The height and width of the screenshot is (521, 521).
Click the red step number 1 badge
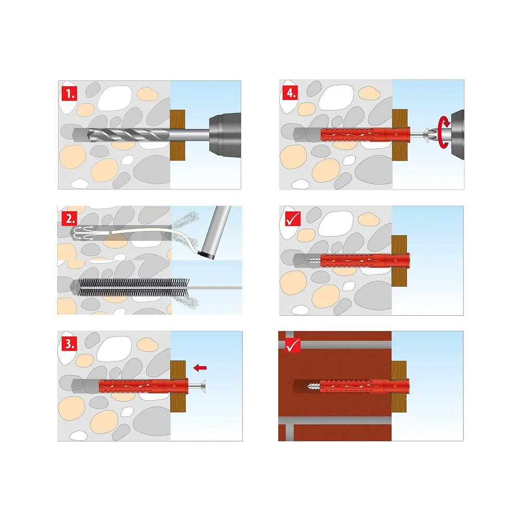(69, 94)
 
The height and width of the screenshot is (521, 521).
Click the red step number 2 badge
(69, 219)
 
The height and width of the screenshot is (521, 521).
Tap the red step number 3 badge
(69, 343)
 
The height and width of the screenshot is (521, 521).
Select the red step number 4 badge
(290, 93)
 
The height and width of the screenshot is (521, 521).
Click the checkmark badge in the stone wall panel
(293, 219)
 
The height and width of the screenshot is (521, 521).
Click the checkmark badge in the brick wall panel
(293, 344)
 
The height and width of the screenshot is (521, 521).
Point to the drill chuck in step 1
(225, 135)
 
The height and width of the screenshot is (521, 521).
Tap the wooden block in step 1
(178, 135)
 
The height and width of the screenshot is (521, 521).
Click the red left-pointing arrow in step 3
(200, 367)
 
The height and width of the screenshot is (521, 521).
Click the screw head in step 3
(201, 386)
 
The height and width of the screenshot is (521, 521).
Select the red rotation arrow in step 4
(444, 132)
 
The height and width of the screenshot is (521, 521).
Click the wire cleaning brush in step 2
(133, 287)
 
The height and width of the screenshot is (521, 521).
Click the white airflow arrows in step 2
(83, 232)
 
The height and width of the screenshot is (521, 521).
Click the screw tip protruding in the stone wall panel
(314, 260)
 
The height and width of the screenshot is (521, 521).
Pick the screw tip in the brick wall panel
(313, 387)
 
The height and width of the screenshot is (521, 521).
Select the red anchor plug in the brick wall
(365, 387)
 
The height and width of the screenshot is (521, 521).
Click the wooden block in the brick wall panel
(399, 387)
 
